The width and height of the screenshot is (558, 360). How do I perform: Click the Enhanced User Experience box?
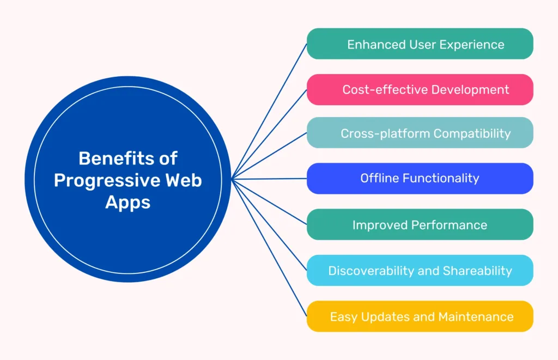tap(420, 44)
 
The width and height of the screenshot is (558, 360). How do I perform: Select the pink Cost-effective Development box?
tap(420, 89)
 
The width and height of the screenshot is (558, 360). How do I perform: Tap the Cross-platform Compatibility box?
tap(420, 133)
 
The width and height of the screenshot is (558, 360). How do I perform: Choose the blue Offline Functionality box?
tap(420, 178)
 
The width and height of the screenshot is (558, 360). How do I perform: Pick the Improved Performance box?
tap(420, 224)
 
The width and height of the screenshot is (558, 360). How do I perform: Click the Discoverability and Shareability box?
tap(420, 270)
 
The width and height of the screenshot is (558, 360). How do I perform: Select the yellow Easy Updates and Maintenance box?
tap(420, 316)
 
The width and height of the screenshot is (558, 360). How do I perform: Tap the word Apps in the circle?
tap(128, 202)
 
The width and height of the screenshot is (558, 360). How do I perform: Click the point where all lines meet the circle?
tap(232, 179)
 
